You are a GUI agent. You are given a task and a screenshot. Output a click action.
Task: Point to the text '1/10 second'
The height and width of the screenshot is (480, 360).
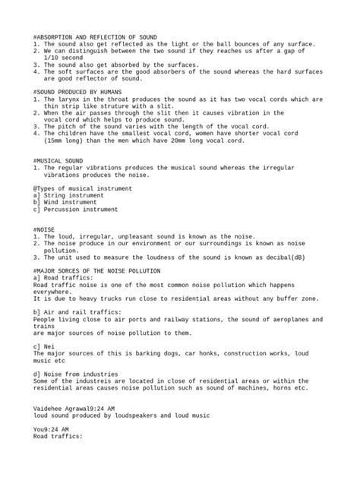point(65,58)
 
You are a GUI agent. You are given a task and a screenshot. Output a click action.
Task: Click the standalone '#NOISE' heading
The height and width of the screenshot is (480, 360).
point(45,229)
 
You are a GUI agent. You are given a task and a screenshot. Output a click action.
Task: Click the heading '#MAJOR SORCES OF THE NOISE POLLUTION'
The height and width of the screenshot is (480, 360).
point(97,270)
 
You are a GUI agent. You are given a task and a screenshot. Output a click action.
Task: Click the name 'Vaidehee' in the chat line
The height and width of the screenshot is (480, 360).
point(50,409)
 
